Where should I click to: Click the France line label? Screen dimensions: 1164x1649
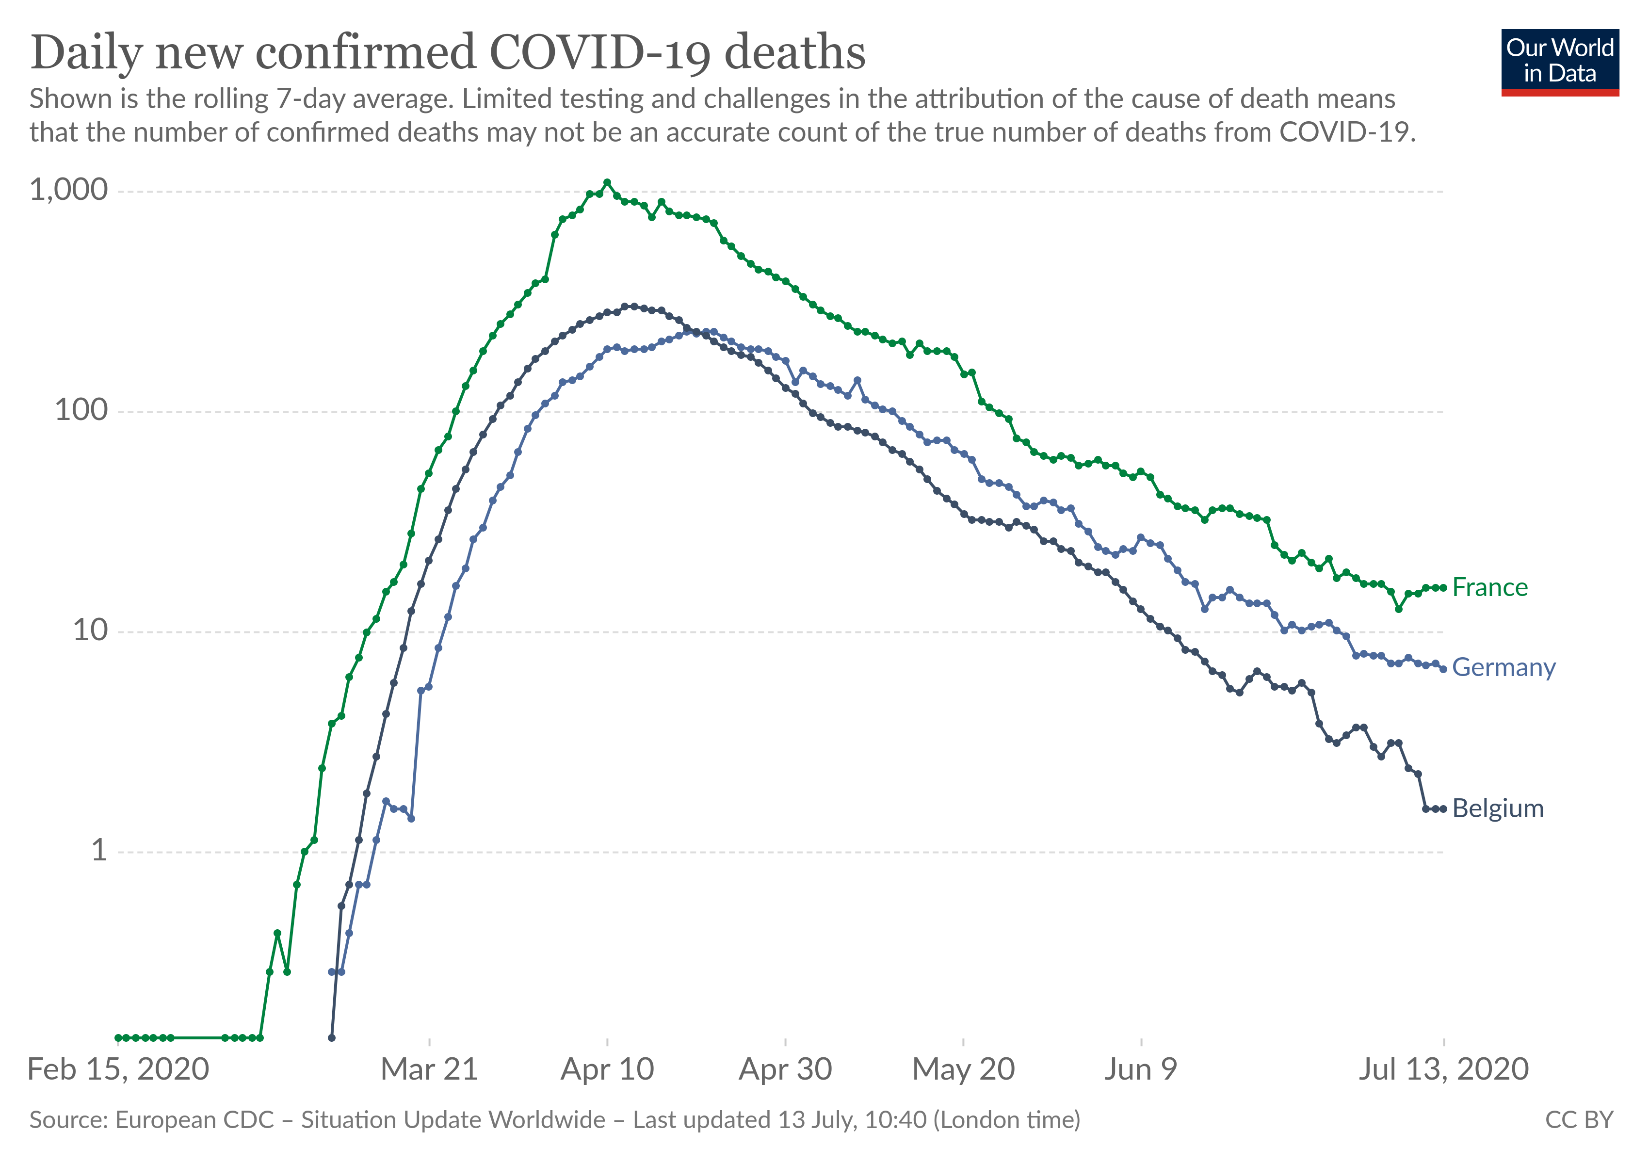1489,587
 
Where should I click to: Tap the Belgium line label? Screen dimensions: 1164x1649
1498,808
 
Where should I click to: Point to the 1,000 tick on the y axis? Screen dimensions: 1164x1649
68,190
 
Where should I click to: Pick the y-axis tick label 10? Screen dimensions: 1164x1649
90,630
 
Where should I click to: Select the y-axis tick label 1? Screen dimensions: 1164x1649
98,850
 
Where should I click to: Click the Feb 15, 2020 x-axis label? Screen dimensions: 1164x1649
118,1069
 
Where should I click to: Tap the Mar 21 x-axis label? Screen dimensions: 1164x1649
429,1069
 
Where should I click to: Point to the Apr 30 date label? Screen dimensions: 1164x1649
785,1069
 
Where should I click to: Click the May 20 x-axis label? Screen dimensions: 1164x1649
963,1069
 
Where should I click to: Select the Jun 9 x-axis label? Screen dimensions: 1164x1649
1141,1069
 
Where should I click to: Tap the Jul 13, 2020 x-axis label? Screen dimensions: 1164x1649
1443,1069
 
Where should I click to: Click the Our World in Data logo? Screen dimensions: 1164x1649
1560,62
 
